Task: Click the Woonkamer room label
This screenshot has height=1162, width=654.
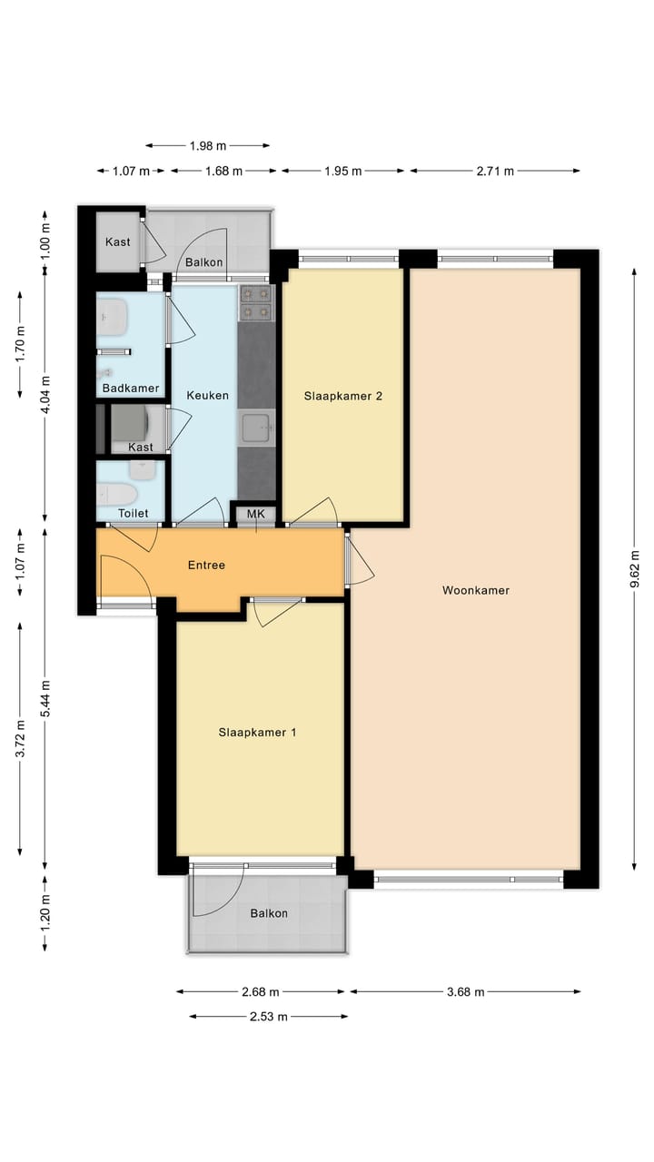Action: coord(475,590)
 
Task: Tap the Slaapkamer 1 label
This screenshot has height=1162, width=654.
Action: coord(257,733)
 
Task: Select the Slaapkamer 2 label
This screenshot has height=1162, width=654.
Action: coord(342,396)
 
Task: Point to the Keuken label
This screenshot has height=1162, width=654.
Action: coord(207,396)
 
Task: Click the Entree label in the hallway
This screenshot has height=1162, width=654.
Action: coord(206,565)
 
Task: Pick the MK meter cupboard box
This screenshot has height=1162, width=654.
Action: coord(256,515)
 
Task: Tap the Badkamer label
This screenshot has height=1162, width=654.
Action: coord(131,389)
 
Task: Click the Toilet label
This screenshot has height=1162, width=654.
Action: coord(133,514)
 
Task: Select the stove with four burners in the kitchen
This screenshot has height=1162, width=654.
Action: coord(256,303)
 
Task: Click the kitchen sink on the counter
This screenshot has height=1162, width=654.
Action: coord(257,425)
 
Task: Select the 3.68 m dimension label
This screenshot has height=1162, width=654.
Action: coord(465,991)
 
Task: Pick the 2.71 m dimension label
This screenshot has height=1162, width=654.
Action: coord(495,171)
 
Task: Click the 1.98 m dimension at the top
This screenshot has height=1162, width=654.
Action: coord(208,145)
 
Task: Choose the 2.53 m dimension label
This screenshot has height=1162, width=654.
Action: coord(268,1017)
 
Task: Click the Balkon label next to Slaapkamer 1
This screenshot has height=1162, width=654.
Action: coord(269,913)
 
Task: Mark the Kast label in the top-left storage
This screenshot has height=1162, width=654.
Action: coord(118,241)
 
